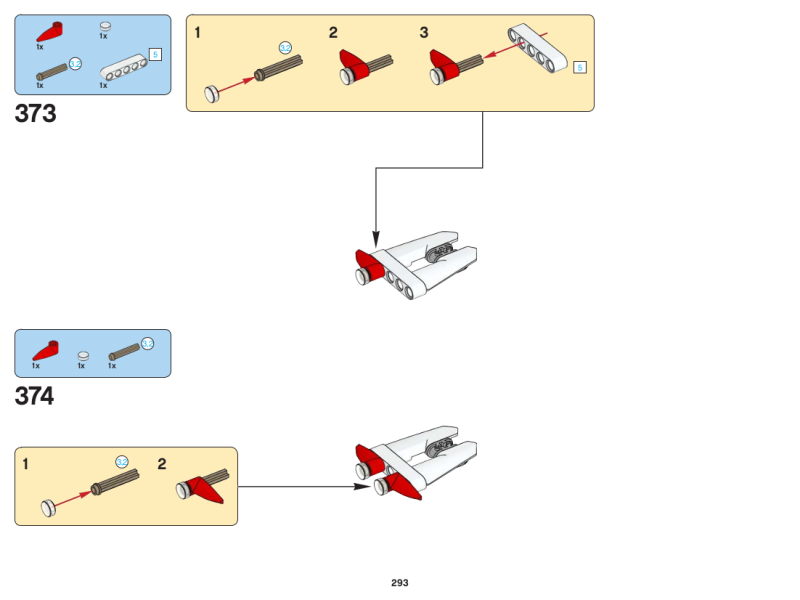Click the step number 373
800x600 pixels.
(x=36, y=114)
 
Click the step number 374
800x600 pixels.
(x=35, y=397)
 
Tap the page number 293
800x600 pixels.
(x=400, y=582)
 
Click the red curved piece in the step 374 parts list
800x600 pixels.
(x=45, y=350)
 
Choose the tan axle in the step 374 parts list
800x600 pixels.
(x=124, y=351)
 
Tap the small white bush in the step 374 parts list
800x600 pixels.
(x=84, y=355)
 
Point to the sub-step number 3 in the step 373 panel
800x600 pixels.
(x=424, y=33)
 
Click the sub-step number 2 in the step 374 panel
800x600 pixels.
(x=162, y=464)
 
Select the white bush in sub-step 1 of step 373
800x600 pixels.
(x=212, y=94)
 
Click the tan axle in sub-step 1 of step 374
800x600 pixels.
(x=113, y=482)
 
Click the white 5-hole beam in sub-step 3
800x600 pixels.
(x=537, y=47)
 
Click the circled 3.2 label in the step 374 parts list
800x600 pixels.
(x=147, y=343)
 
